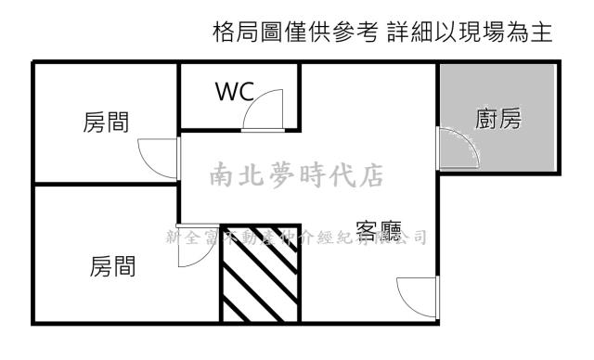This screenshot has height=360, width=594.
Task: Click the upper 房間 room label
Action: (105, 122)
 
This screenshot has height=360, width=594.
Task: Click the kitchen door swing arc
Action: (459, 147)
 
